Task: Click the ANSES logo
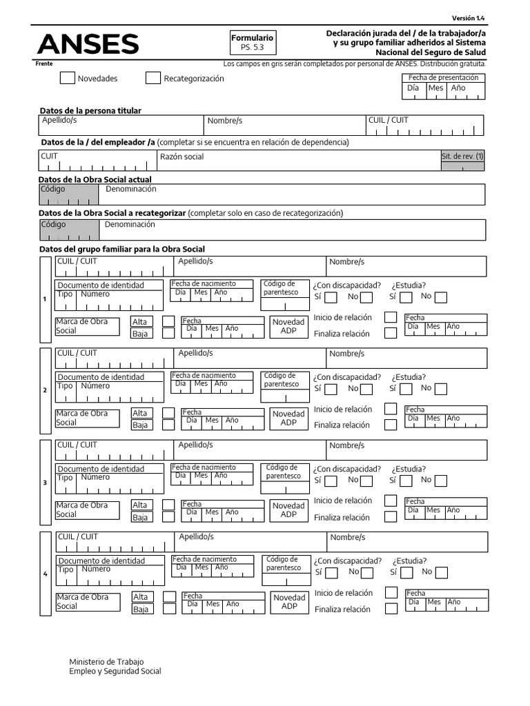88,45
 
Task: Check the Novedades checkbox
67,78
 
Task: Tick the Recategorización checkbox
153,78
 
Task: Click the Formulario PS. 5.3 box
253,43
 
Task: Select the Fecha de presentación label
443,78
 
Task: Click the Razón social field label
181,157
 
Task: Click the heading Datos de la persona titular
90,110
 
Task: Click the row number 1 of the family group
45,299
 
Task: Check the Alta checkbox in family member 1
168,321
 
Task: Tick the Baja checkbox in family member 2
168,425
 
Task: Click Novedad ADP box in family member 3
288,510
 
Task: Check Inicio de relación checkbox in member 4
391,592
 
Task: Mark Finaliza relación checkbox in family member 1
391,333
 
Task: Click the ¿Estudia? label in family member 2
409,377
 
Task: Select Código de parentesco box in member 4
284,563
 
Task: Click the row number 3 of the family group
45,482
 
